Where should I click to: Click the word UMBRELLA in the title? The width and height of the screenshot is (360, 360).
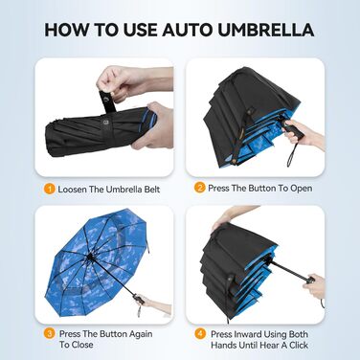[x=266, y=30]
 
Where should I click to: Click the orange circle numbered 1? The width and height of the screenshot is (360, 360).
[x=50, y=189]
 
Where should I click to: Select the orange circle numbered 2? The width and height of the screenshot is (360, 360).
[x=200, y=188]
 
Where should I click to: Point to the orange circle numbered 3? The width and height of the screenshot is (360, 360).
[x=50, y=334]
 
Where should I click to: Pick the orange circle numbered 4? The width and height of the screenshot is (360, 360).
[x=200, y=334]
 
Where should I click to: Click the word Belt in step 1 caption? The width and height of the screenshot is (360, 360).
[x=151, y=190]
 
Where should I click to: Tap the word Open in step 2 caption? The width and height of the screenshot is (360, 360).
[x=302, y=189]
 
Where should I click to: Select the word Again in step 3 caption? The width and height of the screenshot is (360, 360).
[x=141, y=334]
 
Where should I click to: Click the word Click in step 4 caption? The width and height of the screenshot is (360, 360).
[x=299, y=345]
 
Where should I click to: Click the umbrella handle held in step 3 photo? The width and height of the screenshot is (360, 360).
[x=138, y=300]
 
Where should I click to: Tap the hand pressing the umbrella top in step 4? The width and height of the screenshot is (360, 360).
[x=227, y=217]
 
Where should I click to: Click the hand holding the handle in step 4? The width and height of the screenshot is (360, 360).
[x=314, y=286]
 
